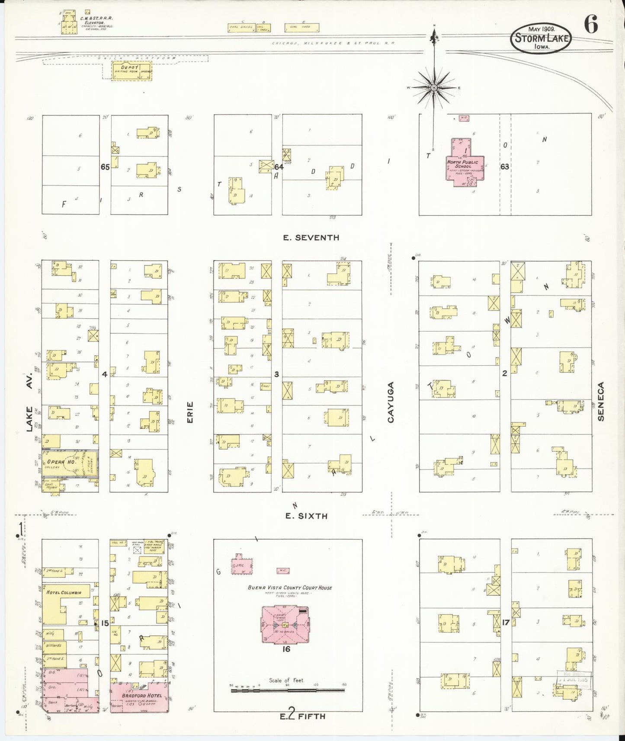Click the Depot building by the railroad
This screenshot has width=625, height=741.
(x=131, y=71)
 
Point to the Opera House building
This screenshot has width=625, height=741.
(x=69, y=463)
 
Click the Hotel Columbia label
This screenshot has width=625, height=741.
(x=64, y=592)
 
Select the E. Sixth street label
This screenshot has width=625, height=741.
(x=306, y=516)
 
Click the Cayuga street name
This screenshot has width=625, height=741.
(x=391, y=402)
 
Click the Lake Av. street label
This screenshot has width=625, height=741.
(x=29, y=402)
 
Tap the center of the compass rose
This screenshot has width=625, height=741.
(x=434, y=88)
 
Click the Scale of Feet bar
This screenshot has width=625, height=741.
(x=288, y=690)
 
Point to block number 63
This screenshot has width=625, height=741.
(x=505, y=166)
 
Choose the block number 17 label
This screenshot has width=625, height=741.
(x=506, y=623)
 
